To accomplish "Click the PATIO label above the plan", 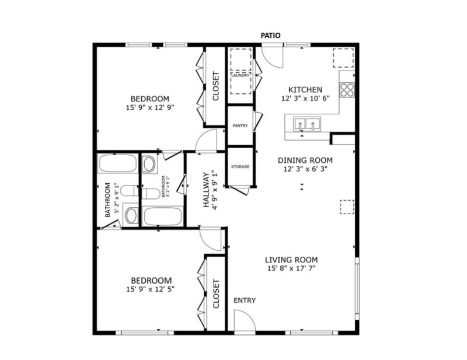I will pyautogui.click(x=271, y=36).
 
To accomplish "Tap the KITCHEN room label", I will pyautogui.click(x=305, y=90).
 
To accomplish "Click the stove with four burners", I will pyautogui.click(x=347, y=89).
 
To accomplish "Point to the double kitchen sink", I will pyautogui.click(x=307, y=124).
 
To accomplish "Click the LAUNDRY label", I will pyautogui.click(x=241, y=75).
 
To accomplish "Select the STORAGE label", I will pyautogui.click(x=241, y=167).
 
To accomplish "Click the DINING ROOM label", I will pyautogui.click(x=305, y=160).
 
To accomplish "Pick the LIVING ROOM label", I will pyautogui.click(x=291, y=260).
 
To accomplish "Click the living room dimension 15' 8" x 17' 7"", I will pyautogui.click(x=291, y=269).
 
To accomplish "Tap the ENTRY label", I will pyautogui.click(x=245, y=300).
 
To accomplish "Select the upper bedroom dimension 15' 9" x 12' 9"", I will pyautogui.click(x=150, y=107).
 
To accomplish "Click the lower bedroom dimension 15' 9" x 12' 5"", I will pyautogui.click(x=151, y=289).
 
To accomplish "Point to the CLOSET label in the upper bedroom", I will pyautogui.click(x=215, y=86).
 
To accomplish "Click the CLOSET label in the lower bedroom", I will pyautogui.click(x=216, y=294).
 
